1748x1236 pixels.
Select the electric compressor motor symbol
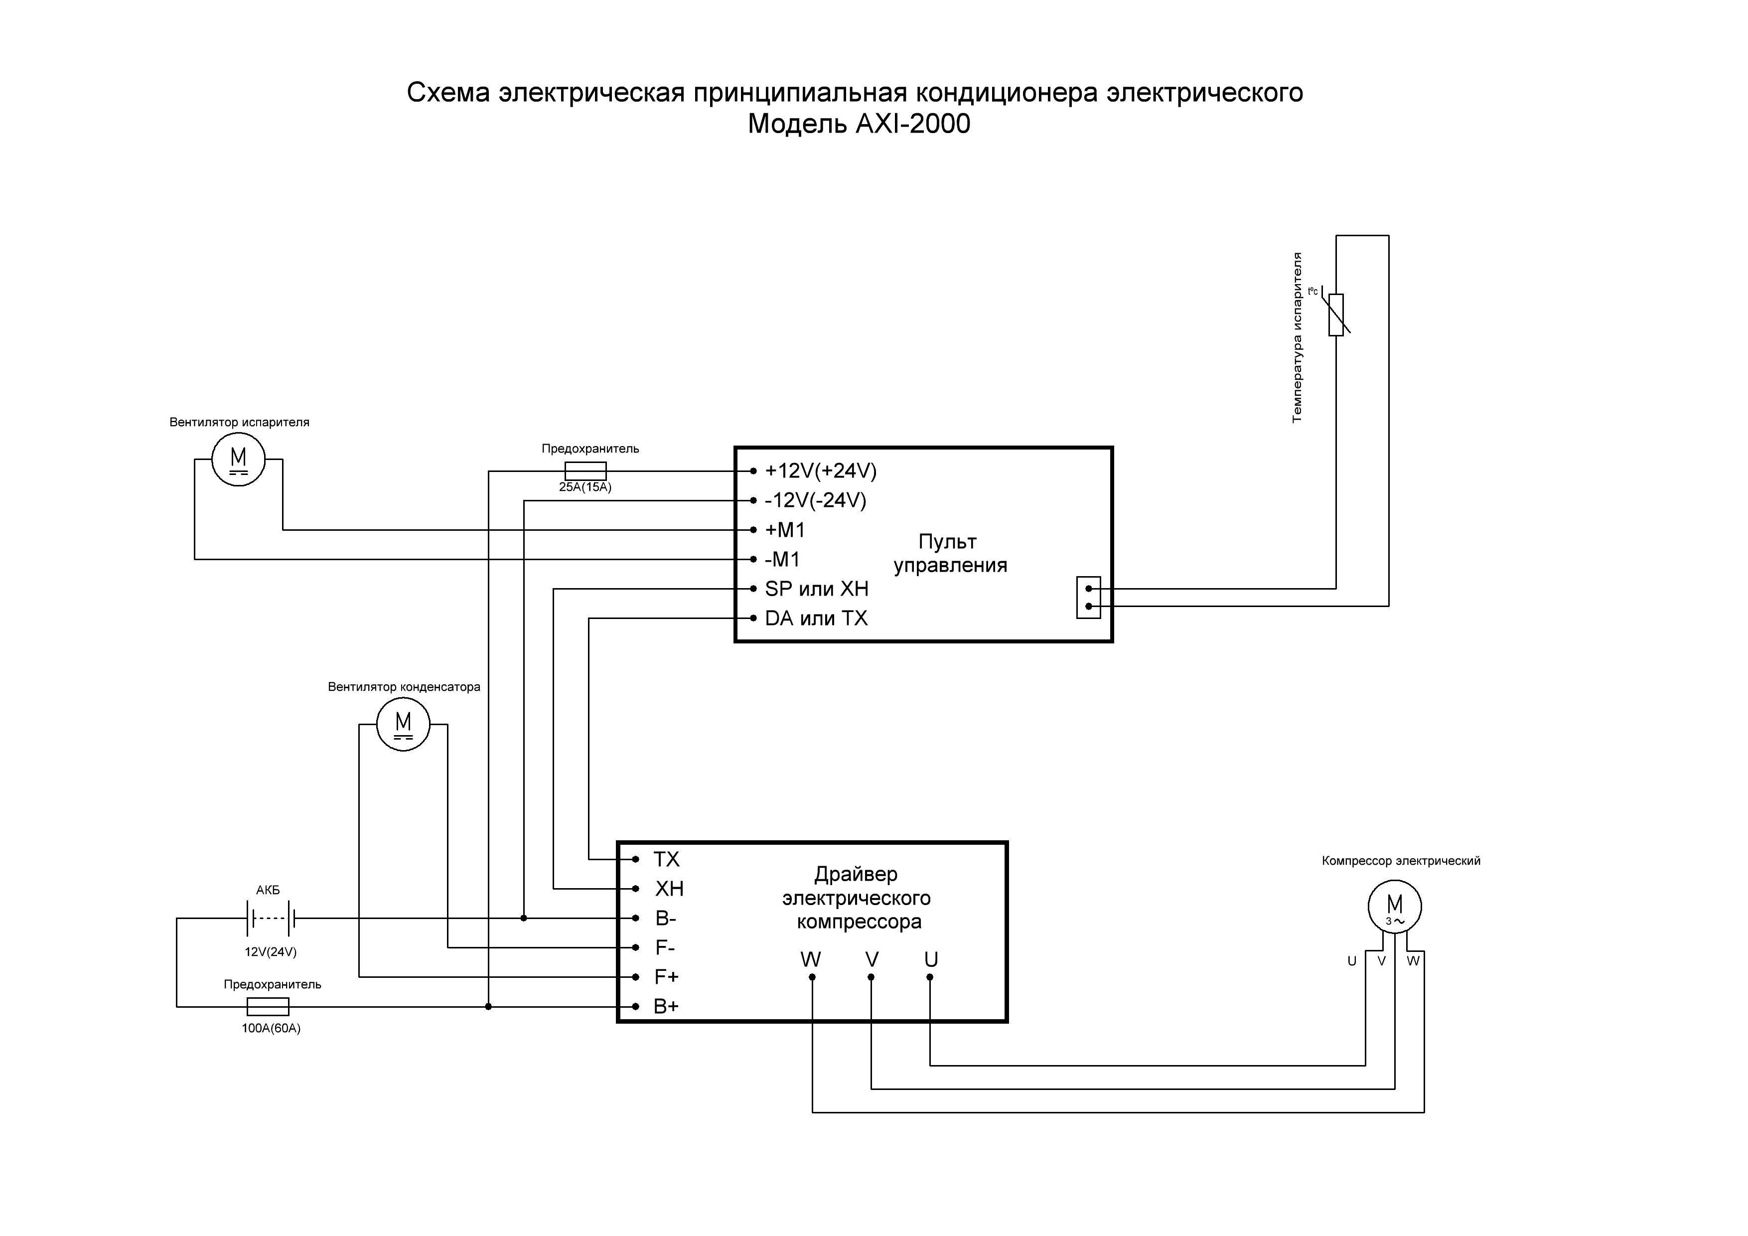click(x=1395, y=906)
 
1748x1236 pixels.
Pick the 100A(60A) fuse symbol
click(x=268, y=1007)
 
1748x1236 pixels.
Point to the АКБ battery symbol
click(x=270, y=919)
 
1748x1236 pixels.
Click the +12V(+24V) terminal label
click(x=821, y=471)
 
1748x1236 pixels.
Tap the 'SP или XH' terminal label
click(x=816, y=589)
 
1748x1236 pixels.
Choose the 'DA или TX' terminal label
click(x=816, y=618)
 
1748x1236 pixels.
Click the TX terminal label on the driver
click(x=666, y=860)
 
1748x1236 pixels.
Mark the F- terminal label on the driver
click(x=665, y=948)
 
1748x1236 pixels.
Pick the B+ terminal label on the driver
click(x=666, y=1007)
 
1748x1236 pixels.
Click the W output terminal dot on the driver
click(x=812, y=977)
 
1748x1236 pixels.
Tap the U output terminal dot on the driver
click(x=930, y=977)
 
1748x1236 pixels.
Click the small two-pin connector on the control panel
click(x=1089, y=598)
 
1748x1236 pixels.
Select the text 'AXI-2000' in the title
click(x=913, y=124)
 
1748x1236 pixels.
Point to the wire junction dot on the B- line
click(x=524, y=919)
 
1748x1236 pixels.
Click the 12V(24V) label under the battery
click(x=270, y=952)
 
